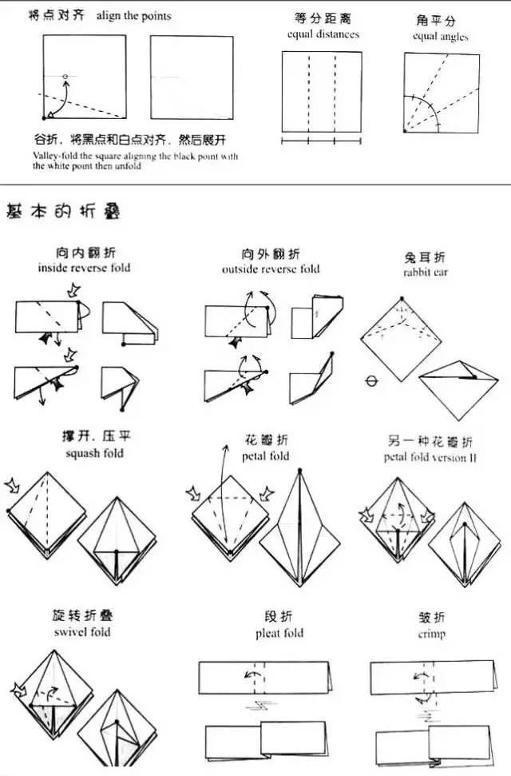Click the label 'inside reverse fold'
tap(84, 268)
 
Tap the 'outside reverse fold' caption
tap(271, 269)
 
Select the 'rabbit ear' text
tap(426, 273)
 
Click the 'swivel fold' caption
tap(84, 632)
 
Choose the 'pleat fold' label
tap(278, 633)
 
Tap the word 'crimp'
tap(431, 634)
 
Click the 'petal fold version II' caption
tap(430, 458)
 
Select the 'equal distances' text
tap(323, 34)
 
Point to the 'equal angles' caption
tap(440, 37)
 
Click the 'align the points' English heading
tap(133, 16)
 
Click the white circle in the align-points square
tap(65, 77)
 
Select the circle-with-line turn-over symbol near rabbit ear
tap(370, 381)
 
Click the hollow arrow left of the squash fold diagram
tap(14, 484)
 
